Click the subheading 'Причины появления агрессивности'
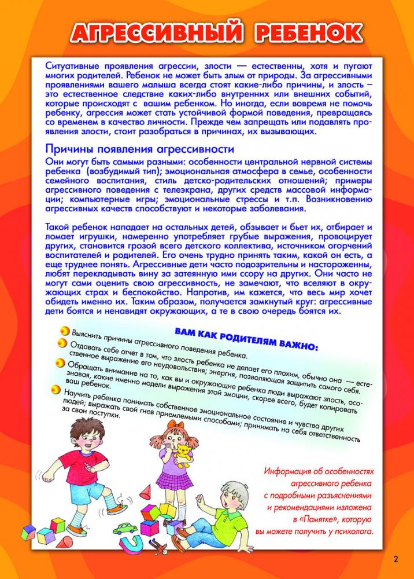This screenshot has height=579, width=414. point(139,149)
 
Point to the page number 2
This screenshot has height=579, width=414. point(396,559)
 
